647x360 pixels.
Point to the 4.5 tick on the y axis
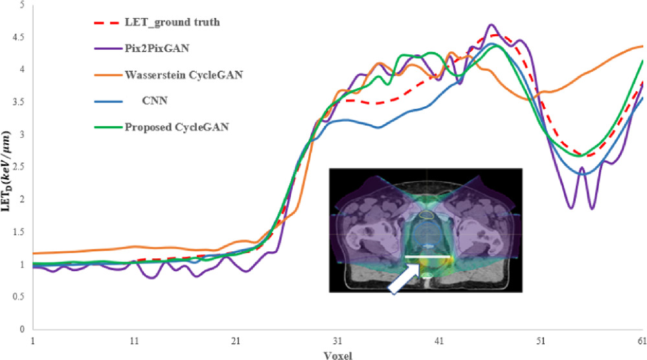[x=18, y=38]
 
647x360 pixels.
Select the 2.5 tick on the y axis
[x=18, y=167]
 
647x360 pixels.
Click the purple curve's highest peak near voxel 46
[x=491, y=25]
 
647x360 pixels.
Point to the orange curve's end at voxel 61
[x=642, y=46]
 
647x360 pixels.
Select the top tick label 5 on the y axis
[x=22, y=5]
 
